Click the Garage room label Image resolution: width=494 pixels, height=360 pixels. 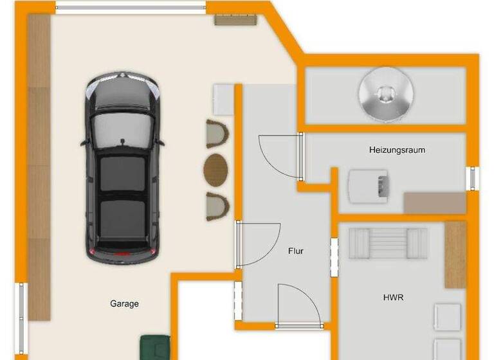pyautogui.click(x=124, y=304)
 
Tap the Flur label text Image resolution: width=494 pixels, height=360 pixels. pyautogui.click(x=295, y=251)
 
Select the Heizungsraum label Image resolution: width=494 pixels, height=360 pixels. pyautogui.click(x=397, y=150)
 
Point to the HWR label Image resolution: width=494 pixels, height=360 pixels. pyautogui.click(x=393, y=298)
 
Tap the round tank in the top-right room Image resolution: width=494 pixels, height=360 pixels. pyautogui.click(x=385, y=93)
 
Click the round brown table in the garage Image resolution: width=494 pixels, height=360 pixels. pyautogui.click(x=216, y=169)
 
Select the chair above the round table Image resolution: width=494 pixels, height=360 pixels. pyautogui.click(x=217, y=134)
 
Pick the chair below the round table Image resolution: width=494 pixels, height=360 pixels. pyautogui.click(x=217, y=205)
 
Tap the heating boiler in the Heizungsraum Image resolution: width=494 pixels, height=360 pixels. pyautogui.click(x=369, y=185)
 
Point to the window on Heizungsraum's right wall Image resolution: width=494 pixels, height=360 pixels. pyautogui.click(x=474, y=178)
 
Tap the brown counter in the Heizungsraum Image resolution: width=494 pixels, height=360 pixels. pyautogui.click(x=434, y=203)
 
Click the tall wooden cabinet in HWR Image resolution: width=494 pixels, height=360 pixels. pyautogui.click(x=455, y=255)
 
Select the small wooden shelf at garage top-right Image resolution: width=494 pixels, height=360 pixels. pyautogui.click(x=235, y=19)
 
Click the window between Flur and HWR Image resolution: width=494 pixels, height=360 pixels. pyautogui.click(x=334, y=256)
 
